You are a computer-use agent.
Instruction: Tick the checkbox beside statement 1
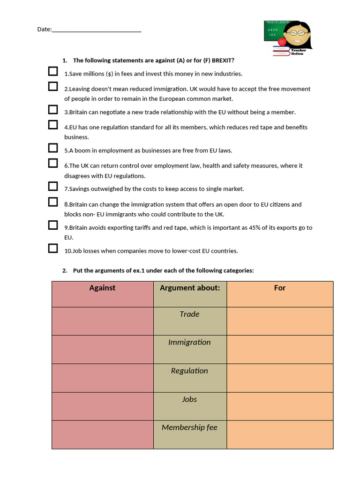[x=53, y=71]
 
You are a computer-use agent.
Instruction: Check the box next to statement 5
[x=53, y=148]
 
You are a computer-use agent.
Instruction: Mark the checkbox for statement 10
[x=53, y=248]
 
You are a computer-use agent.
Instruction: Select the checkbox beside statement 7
[x=53, y=187]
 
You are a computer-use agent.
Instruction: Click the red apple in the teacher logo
[x=282, y=42]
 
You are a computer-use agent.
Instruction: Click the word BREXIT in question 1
[x=222, y=60]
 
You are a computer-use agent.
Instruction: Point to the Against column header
[x=102, y=288]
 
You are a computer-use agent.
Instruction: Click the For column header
[x=280, y=288]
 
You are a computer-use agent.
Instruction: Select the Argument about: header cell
[x=190, y=288]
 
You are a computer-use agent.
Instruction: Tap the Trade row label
[x=189, y=314]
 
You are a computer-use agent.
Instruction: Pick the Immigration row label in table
[x=189, y=342]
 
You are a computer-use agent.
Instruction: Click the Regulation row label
[x=189, y=371]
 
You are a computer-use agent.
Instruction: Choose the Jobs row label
[x=189, y=399]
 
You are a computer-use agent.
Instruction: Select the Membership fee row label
[x=189, y=427]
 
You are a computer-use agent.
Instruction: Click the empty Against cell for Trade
[x=102, y=321]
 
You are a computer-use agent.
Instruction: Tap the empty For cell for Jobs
[x=280, y=406]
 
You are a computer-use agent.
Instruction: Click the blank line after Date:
[x=97, y=30]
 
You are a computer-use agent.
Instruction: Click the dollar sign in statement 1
[x=110, y=74]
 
